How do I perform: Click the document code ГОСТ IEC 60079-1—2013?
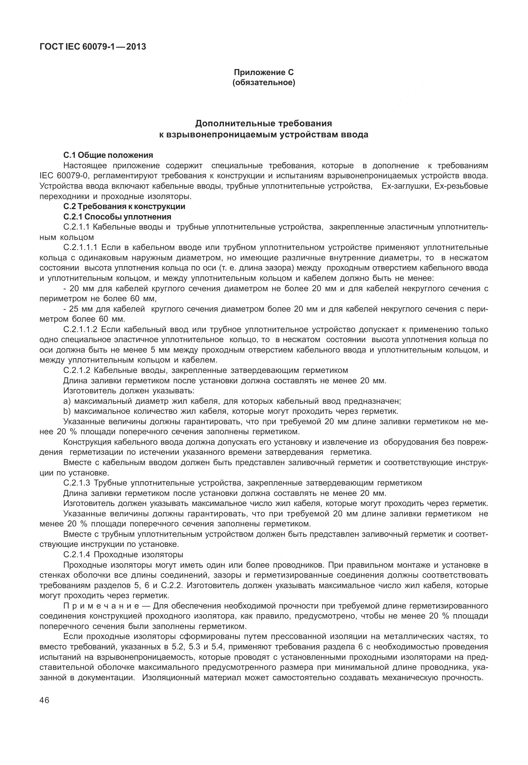(x=93, y=47)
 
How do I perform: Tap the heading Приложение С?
(x=263, y=72)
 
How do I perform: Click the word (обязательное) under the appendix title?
(x=263, y=82)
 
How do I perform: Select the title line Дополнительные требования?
(x=263, y=123)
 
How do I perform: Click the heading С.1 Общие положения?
(x=108, y=155)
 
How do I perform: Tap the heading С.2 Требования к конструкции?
(x=124, y=206)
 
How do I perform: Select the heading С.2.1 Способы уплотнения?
(x=117, y=216)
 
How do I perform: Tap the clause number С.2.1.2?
(x=77, y=370)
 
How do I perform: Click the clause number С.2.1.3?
(x=77, y=483)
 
